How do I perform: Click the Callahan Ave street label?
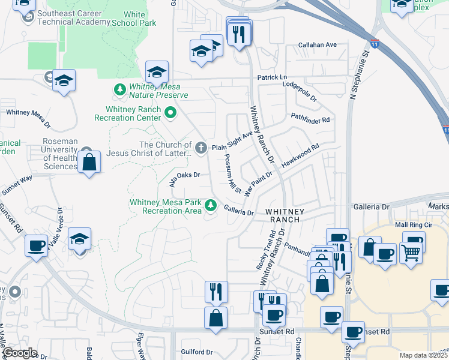coord(318,45)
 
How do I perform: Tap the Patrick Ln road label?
coord(273,77)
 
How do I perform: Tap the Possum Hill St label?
coord(232,173)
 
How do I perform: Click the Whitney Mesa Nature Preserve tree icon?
coord(119,89)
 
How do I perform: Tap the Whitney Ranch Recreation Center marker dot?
coord(170,112)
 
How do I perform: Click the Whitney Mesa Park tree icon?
coord(211,206)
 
